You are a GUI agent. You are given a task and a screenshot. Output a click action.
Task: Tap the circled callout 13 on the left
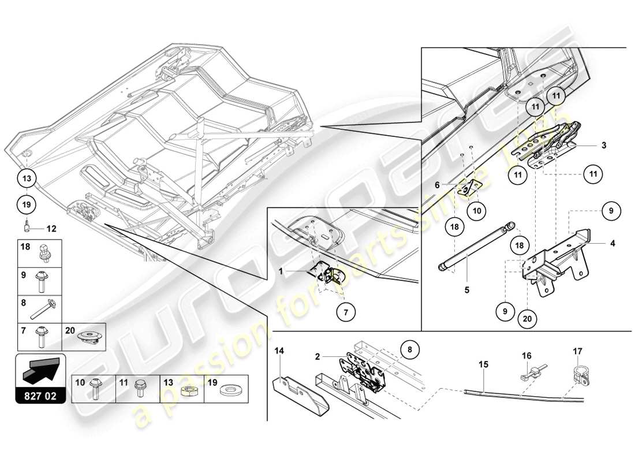coord(28,178)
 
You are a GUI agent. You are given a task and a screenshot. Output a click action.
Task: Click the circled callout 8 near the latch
coord(409,349)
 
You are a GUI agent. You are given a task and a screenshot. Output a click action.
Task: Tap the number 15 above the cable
coord(483,364)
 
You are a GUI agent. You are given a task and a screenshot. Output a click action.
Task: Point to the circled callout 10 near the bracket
coord(476,211)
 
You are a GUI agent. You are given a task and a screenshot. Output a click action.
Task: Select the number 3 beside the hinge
coord(603,146)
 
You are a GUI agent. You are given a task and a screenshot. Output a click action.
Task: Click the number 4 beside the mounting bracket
coord(613,244)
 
